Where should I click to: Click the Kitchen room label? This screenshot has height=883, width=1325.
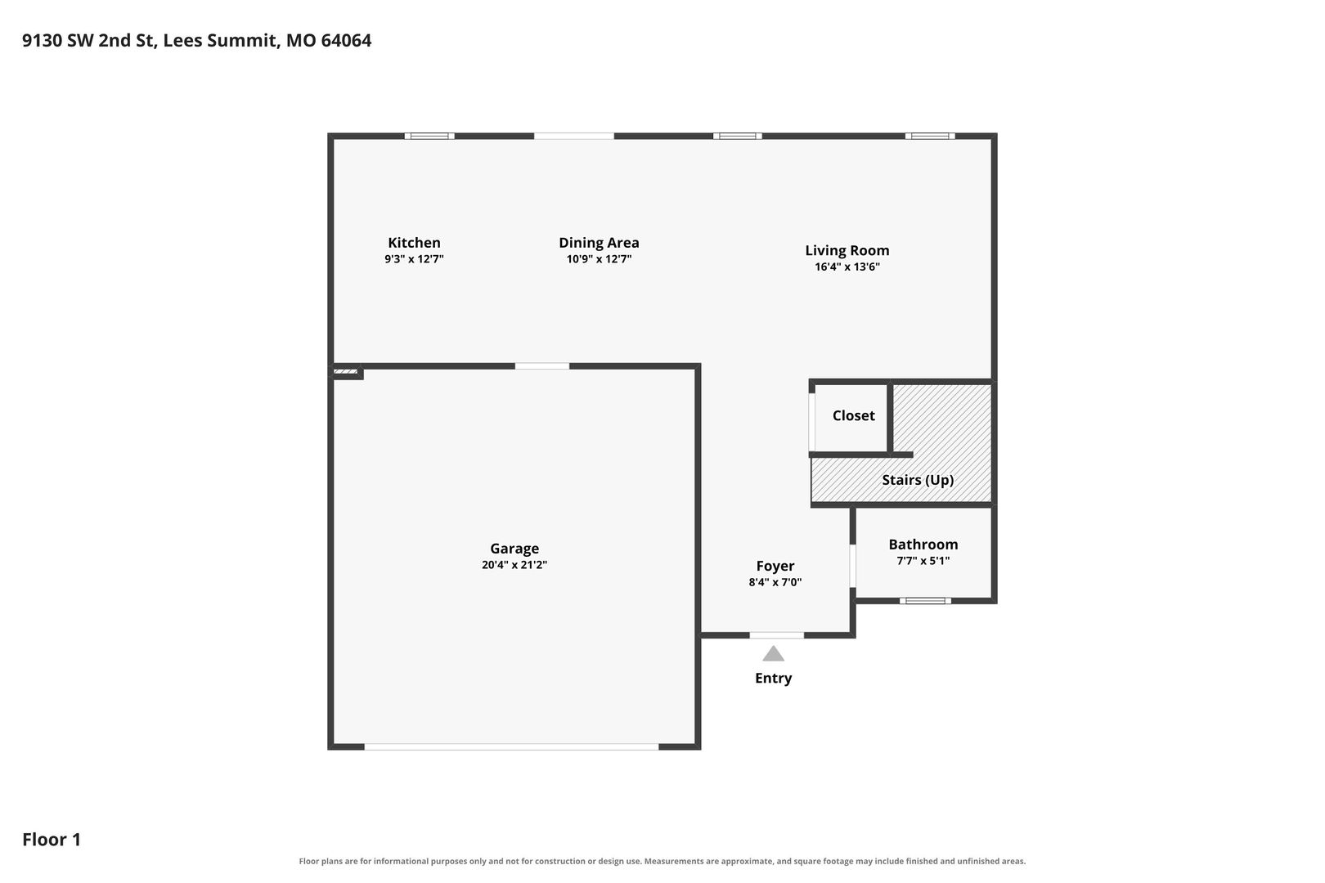(x=414, y=243)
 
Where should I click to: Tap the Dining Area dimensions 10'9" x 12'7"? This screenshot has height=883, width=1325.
(x=599, y=259)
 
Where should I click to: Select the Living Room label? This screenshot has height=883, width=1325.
(x=847, y=250)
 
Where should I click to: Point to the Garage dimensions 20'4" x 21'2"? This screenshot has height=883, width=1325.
(x=514, y=565)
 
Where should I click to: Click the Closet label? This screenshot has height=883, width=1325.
(x=853, y=416)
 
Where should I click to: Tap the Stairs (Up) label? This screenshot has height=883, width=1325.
(x=918, y=480)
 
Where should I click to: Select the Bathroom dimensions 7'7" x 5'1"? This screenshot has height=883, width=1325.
(x=923, y=561)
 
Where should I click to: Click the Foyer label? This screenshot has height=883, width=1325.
(x=775, y=566)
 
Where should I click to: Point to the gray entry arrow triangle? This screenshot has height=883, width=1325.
(x=773, y=653)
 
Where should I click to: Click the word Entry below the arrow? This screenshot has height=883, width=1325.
(x=773, y=678)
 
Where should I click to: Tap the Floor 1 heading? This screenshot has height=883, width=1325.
(x=52, y=839)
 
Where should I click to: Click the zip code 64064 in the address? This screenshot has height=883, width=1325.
(x=346, y=40)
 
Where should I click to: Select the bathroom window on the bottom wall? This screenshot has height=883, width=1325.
(x=925, y=601)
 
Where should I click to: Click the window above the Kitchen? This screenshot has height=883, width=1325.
(x=429, y=136)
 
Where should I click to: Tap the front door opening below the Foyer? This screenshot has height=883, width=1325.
(x=777, y=635)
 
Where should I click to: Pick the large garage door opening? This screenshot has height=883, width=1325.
(x=511, y=747)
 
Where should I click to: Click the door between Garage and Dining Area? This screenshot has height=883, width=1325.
(x=541, y=366)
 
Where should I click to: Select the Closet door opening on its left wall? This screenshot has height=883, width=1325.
(x=811, y=422)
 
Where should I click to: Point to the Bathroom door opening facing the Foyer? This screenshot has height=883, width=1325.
(x=852, y=566)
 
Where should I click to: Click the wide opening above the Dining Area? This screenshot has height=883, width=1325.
(x=574, y=136)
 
